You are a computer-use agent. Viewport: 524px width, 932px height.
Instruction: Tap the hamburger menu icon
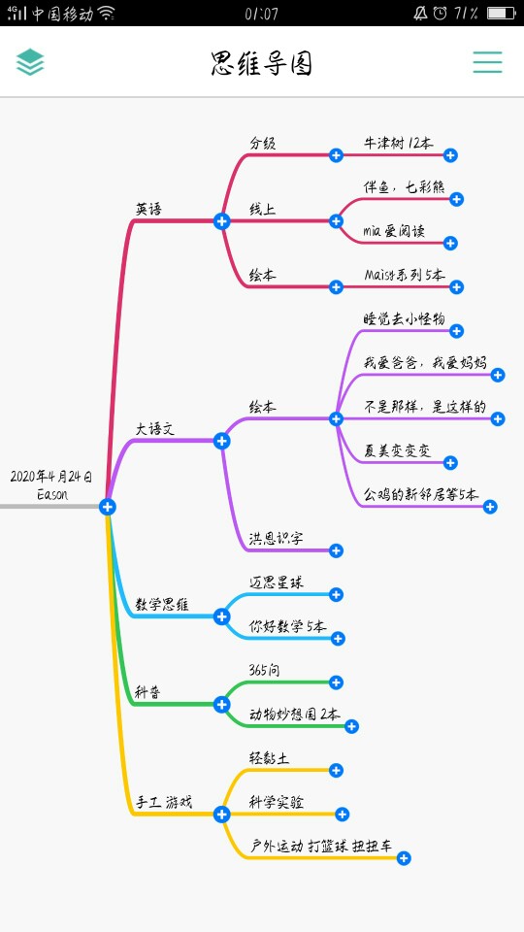[x=487, y=62]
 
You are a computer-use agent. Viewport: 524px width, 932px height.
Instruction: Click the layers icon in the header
[x=30, y=62]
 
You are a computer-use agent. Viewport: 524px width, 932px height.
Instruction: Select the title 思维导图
[x=261, y=63]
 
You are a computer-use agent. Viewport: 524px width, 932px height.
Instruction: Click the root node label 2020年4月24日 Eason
[x=51, y=485]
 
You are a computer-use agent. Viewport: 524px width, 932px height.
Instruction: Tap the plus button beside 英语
[x=221, y=221]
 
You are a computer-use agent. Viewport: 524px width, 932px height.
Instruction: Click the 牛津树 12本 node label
[x=398, y=144]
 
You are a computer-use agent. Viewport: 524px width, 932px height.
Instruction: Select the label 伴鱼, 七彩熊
[x=404, y=186]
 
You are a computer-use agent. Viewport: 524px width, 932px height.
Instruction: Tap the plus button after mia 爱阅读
[x=450, y=243]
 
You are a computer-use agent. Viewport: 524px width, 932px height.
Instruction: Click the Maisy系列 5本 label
[x=405, y=275]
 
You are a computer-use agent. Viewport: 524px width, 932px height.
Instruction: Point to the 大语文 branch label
[x=155, y=428]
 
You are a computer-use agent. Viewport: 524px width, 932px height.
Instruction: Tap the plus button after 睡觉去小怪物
[x=456, y=330]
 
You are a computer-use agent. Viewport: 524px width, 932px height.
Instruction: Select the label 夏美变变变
[x=398, y=450]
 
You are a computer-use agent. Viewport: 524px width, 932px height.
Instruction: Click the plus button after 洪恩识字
[x=336, y=550]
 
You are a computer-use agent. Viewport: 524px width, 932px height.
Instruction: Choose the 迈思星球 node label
[x=277, y=582]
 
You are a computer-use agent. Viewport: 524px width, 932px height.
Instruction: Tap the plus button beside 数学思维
[x=221, y=616]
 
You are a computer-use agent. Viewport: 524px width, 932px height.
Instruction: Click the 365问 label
[x=264, y=671]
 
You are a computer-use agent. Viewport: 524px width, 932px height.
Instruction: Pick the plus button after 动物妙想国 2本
[x=351, y=726]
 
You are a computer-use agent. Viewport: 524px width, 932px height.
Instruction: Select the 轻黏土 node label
[x=269, y=758]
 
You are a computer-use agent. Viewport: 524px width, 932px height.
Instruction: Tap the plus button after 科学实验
[x=342, y=815]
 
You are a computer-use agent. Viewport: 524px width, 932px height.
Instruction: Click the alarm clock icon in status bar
[x=441, y=13]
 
